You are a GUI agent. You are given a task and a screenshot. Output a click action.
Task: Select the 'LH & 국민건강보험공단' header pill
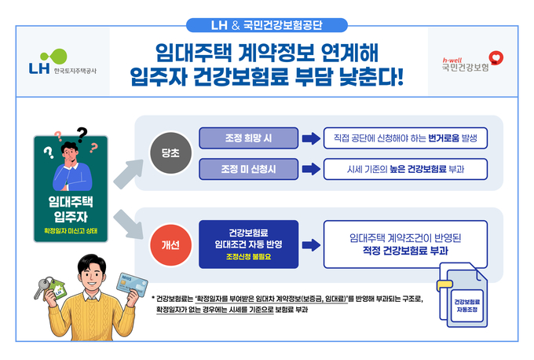[x=267, y=24]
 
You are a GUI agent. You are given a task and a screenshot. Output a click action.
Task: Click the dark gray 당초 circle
[x=166, y=153]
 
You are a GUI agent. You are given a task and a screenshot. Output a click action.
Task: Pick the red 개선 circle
[x=166, y=245]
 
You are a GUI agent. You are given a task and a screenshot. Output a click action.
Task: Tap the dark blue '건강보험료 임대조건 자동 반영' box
[x=247, y=244]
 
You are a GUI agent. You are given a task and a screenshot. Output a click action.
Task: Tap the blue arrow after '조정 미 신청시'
[x=308, y=168]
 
